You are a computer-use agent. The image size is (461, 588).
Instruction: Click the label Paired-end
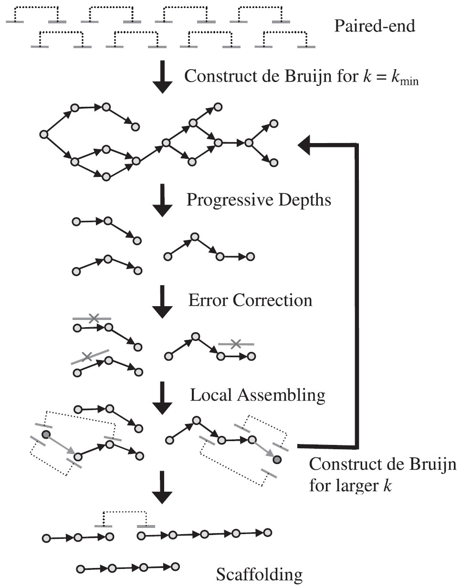(x=374, y=25)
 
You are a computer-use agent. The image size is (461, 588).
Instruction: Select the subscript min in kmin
(x=409, y=82)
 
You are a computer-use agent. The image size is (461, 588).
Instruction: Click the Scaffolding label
(x=259, y=574)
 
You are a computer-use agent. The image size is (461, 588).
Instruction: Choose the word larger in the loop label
(x=352, y=486)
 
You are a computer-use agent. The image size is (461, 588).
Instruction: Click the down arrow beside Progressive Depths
(x=162, y=200)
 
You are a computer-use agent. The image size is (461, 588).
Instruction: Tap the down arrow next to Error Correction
(x=162, y=301)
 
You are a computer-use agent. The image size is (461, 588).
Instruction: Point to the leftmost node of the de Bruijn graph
(x=43, y=134)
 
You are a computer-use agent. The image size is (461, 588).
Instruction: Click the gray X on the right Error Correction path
(x=235, y=343)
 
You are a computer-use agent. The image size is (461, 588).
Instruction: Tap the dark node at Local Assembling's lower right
(x=277, y=460)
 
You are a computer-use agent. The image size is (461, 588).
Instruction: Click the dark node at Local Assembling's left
(x=46, y=434)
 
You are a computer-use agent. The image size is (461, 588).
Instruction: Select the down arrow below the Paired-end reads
(x=162, y=76)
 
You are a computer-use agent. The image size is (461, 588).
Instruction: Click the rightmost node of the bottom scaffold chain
(x=175, y=566)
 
